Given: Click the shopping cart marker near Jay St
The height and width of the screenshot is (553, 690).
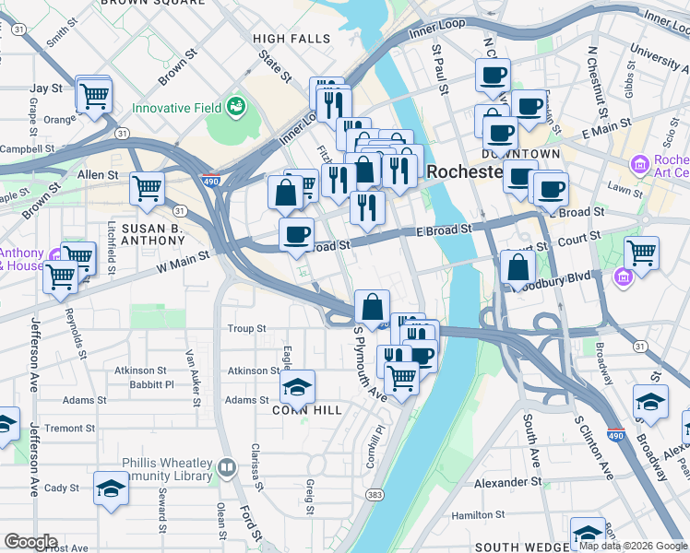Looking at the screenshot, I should click(x=94, y=94).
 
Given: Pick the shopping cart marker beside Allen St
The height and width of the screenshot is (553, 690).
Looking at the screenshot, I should click(x=148, y=190).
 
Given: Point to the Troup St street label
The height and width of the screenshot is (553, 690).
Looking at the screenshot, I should click(x=246, y=328).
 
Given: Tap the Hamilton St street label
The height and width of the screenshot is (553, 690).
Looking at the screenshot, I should click(x=509, y=516).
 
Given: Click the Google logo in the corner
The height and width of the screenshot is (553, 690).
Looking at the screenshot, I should click(x=30, y=542).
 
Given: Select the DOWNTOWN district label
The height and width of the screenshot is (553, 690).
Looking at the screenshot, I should click(x=520, y=153).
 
